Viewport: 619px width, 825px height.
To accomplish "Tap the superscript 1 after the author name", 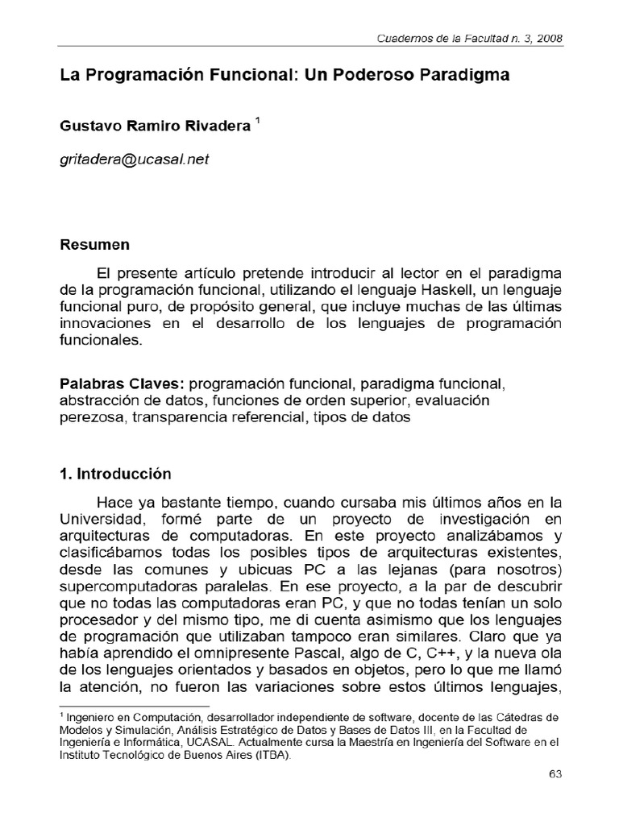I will tap(257, 121).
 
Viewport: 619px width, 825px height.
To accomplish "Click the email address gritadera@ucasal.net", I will tap(134, 160).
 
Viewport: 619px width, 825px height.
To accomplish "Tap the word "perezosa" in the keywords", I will tap(92, 417).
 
